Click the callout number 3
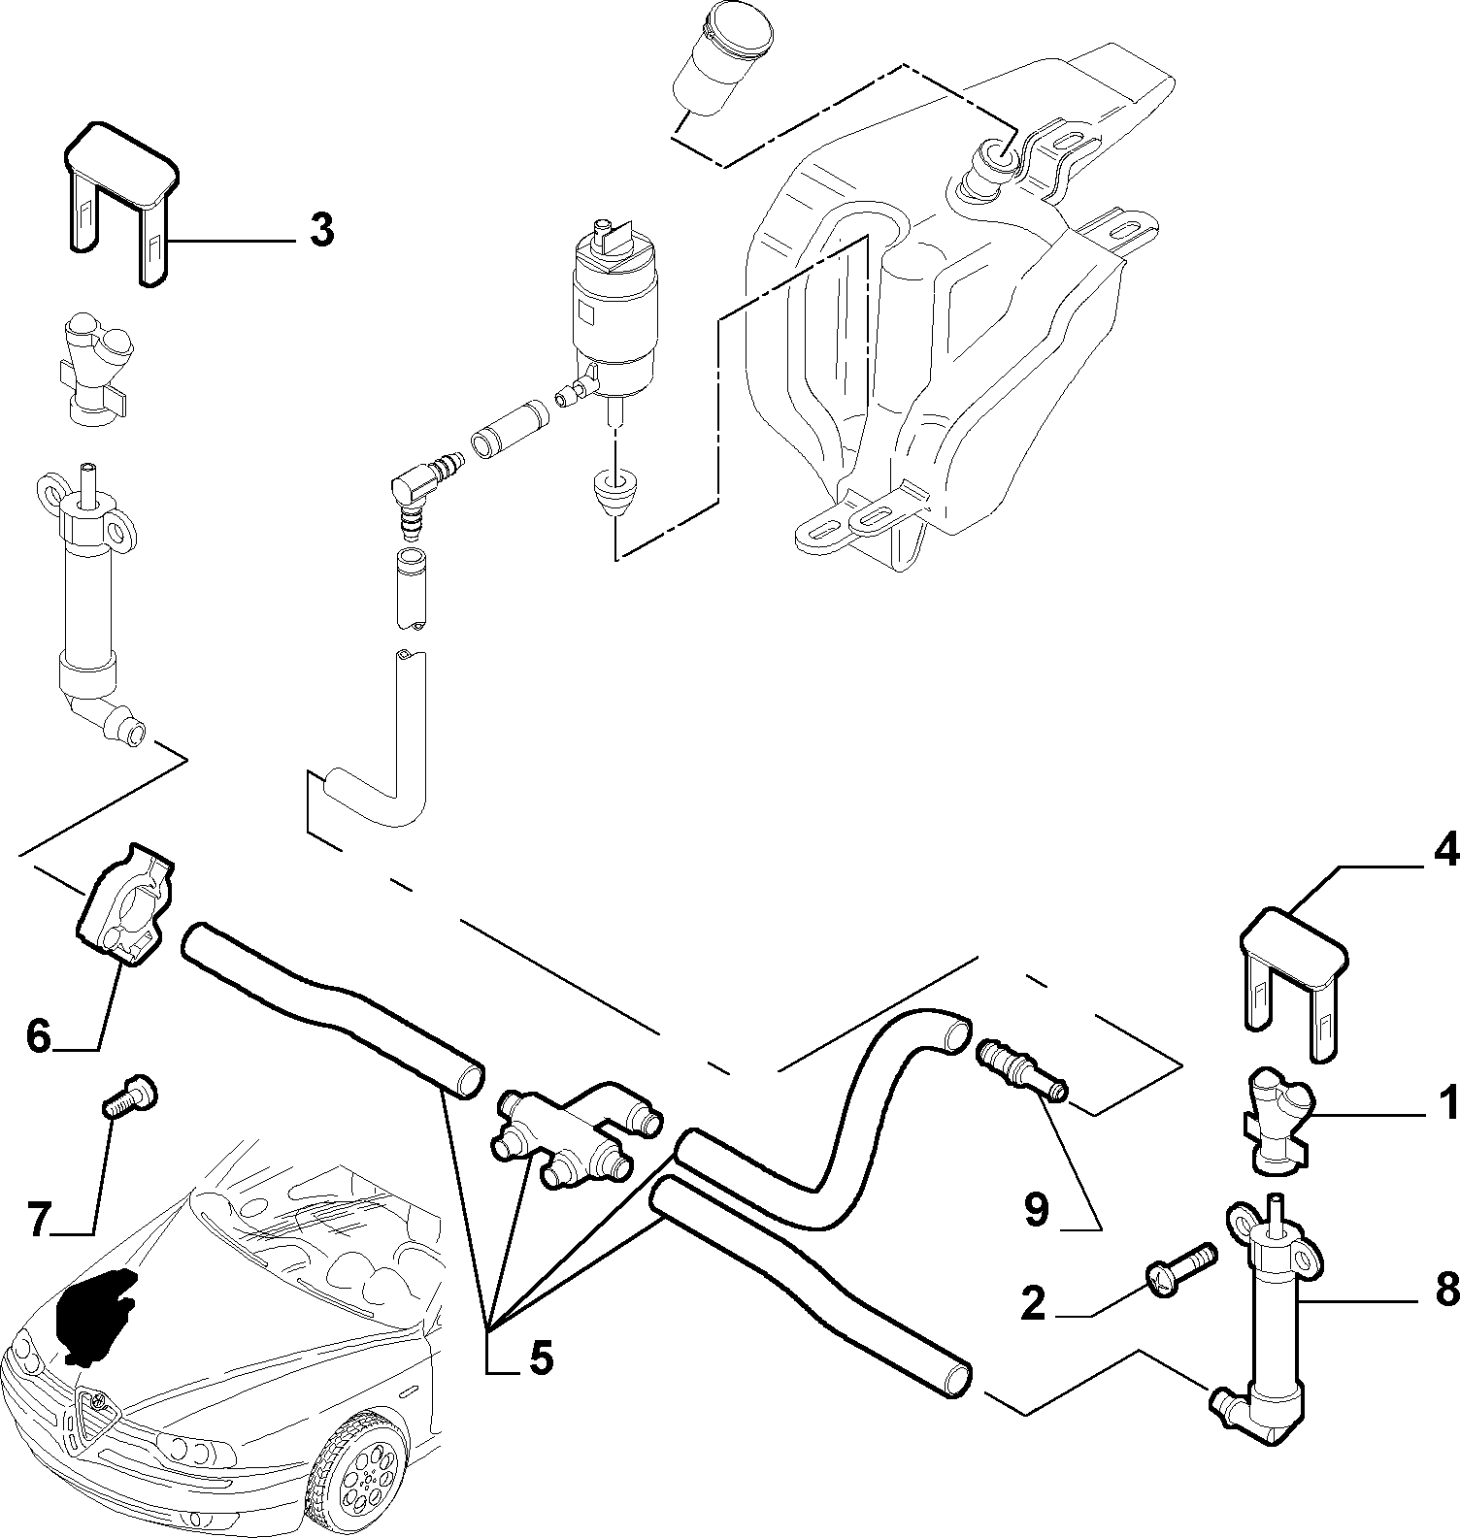click(321, 231)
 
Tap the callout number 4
click(1444, 851)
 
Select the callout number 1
click(1447, 1102)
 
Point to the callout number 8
click(1445, 1289)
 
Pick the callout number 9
click(1036, 1210)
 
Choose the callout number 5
click(540, 1357)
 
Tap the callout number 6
click(38, 1035)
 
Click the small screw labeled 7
click(128, 1104)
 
